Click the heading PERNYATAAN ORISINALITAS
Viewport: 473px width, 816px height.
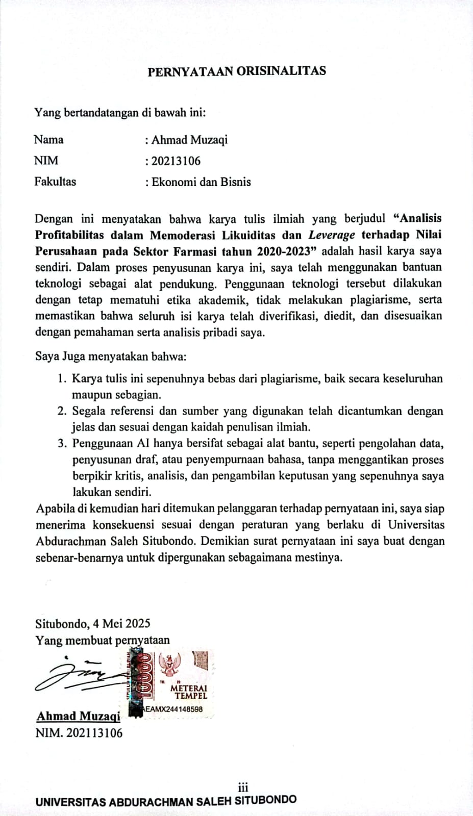point(236,71)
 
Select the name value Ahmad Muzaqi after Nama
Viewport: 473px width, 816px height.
point(189,140)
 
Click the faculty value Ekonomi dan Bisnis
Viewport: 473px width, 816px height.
point(201,182)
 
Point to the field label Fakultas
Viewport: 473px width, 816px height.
point(55,182)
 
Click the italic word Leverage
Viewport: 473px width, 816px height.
point(331,235)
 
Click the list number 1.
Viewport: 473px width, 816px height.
point(61,379)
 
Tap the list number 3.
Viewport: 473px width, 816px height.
point(62,444)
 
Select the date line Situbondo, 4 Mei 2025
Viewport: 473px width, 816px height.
point(93,623)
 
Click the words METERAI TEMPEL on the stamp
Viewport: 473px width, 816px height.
point(189,692)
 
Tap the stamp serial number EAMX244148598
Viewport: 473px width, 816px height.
point(174,709)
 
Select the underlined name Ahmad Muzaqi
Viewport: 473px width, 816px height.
point(78,716)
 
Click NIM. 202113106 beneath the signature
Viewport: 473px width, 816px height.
point(79,733)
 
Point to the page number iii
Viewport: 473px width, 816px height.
point(243,787)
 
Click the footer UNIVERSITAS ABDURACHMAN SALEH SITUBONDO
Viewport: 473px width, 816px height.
point(166,801)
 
